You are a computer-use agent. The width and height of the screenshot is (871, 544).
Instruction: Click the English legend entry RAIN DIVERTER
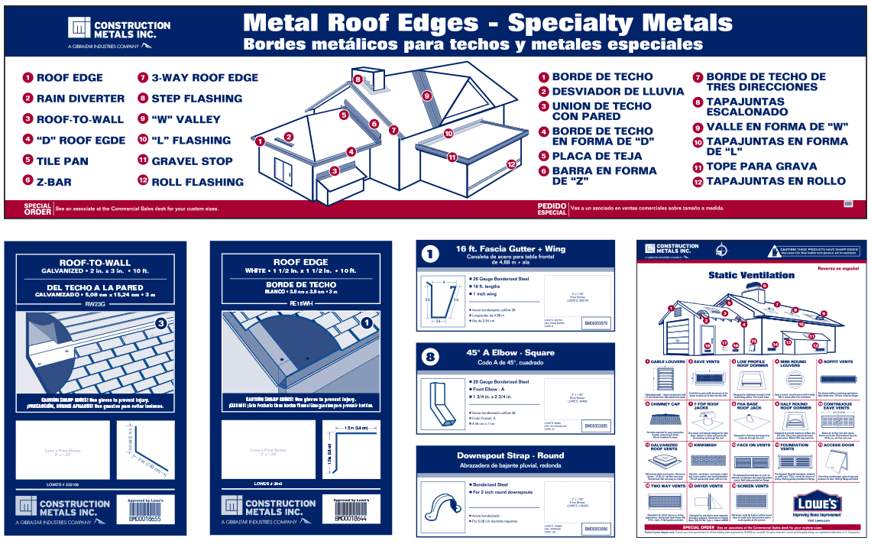tap(80, 99)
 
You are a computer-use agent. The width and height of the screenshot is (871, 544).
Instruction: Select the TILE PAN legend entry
tap(63, 161)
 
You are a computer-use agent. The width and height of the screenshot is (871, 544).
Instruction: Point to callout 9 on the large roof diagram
tap(426, 96)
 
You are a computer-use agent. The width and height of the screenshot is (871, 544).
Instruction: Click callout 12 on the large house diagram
tap(511, 164)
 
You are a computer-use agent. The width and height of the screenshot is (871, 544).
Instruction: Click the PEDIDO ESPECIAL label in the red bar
tap(552, 209)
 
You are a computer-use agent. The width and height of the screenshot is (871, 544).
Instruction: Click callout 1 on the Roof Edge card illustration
tap(368, 322)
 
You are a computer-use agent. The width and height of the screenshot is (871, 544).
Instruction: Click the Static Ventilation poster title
tap(740, 275)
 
